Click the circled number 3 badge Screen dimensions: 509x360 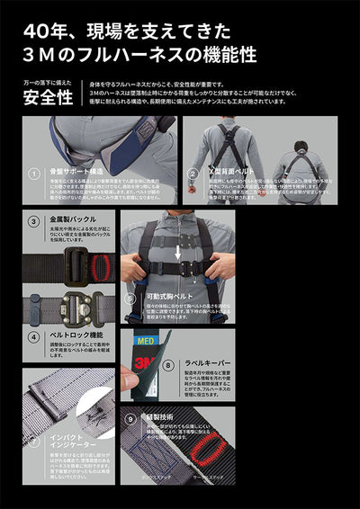click(32, 220)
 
